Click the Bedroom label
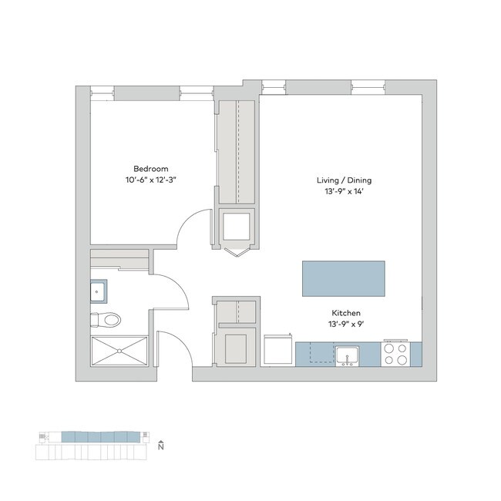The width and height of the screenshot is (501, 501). [x=150, y=169]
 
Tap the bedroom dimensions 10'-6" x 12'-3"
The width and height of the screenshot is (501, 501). [x=150, y=180]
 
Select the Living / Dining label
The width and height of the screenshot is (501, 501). [x=339, y=180]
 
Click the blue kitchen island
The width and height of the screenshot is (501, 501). [x=343, y=277]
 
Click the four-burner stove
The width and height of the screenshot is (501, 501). [x=396, y=353]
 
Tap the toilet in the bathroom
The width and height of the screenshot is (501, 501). [x=108, y=318]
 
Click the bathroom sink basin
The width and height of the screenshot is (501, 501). [x=99, y=292]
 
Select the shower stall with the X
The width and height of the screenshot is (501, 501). [x=119, y=351]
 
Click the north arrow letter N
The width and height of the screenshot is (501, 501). [x=160, y=446]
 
